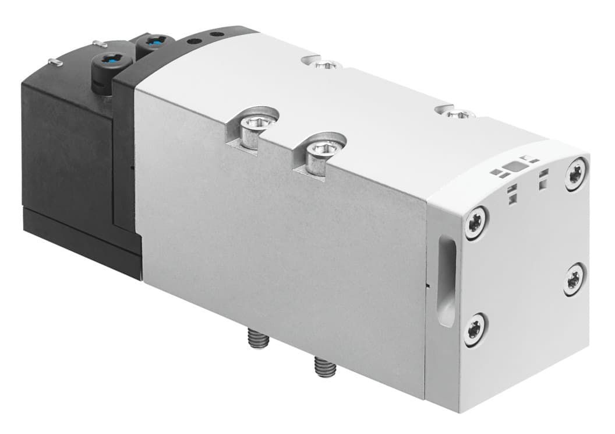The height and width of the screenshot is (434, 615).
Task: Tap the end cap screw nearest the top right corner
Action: pos(575,173)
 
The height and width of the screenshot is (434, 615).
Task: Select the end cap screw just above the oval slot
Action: pos(476,222)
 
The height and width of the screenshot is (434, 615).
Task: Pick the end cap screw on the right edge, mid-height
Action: pos(574,278)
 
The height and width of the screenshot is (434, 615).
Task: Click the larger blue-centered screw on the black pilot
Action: pos(111,60)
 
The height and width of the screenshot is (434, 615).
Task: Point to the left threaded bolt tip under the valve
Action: pos(255,338)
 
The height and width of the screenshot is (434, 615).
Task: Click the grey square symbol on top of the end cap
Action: pos(514,168)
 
